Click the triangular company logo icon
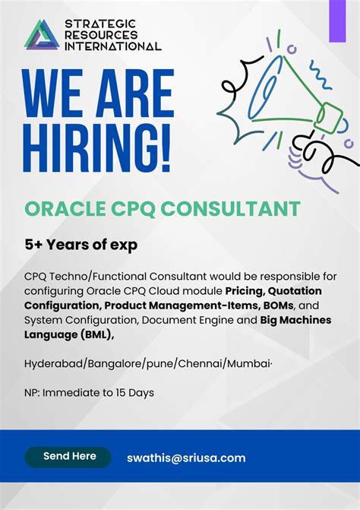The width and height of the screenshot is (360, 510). pos(42,35)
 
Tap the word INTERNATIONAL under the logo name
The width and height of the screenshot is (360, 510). pos(112,46)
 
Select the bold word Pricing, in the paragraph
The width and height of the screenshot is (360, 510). pos(251,290)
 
